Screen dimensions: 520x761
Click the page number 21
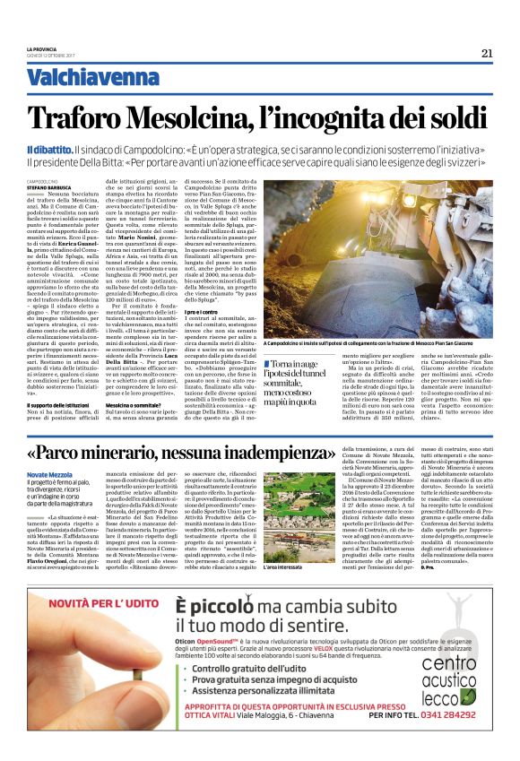(x=487, y=52)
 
